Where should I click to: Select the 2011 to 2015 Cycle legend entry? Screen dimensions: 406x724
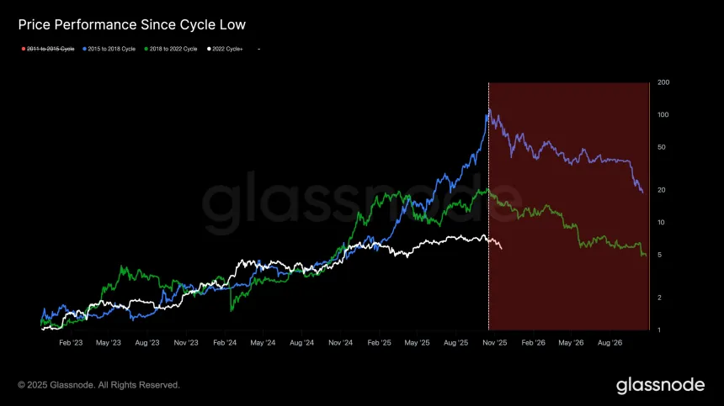[x=50, y=50]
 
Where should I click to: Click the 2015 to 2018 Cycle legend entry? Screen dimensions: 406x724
[x=109, y=50]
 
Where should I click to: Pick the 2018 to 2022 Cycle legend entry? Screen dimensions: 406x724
[x=172, y=50]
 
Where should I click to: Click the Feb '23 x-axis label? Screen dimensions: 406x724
[x=70, y=343]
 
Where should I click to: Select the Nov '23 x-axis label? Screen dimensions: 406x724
[x=185, y=343]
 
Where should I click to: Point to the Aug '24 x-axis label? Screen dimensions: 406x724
[x=301, y=343]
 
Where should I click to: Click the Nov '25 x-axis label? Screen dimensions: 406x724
[x=494, y=343]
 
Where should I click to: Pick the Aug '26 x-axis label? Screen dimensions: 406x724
[x=610, y=343]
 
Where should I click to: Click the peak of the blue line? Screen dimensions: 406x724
[x=489, y=109]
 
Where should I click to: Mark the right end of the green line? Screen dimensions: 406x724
[x=646, y=256]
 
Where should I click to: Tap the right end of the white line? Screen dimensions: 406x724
[x=502, y=249]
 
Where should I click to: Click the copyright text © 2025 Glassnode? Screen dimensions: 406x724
[x=98, y=385]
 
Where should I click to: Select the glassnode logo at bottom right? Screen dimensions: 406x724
[x=660, y=385]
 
